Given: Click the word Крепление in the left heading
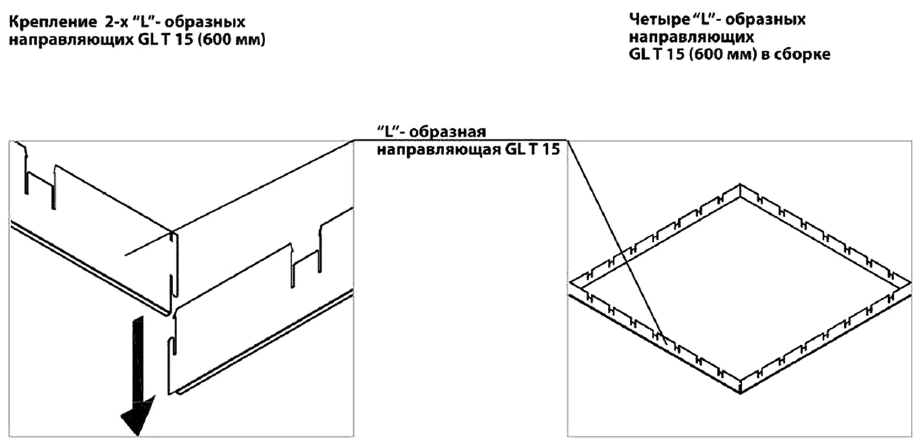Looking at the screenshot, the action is click(x=52, y=22).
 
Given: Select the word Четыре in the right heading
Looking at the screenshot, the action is click(x=657, y=20).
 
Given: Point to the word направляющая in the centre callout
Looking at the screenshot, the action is click(x=439, y=150).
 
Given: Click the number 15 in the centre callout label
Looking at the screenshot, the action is click(x=551, y=149).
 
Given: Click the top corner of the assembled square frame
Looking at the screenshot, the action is click(x=740, y=184).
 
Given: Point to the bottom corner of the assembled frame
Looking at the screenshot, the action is click(x=740, y=394).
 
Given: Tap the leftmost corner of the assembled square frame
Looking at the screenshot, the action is click(x=570, y=283).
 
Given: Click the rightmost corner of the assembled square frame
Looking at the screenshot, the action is click(x=910, y=283).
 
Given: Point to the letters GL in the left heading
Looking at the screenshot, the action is click(x=147, y=40).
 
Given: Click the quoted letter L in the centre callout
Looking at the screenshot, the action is click(x=389, y=131).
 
